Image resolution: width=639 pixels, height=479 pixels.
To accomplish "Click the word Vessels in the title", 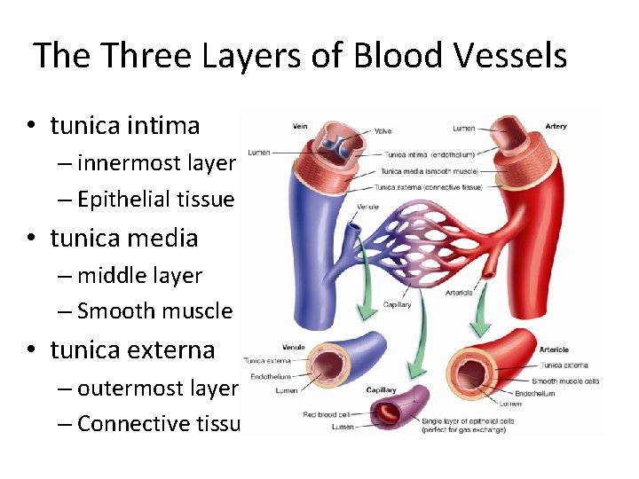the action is point(504,56).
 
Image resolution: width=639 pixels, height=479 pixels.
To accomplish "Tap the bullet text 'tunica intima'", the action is point(125,126).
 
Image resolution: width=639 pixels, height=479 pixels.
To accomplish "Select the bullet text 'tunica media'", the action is point(124,238).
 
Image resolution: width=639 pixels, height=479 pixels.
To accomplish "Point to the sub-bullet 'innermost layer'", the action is point(156,163).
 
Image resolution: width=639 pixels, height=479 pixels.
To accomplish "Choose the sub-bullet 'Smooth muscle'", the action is point(154,311).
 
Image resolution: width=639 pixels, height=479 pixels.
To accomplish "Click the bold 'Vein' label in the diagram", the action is point(301,126).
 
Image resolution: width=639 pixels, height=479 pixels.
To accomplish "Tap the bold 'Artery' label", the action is point(556,126).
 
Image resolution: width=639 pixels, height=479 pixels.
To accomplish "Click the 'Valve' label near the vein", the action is point(383,131).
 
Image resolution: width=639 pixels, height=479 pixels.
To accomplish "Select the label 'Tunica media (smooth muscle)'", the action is point(430,170).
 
